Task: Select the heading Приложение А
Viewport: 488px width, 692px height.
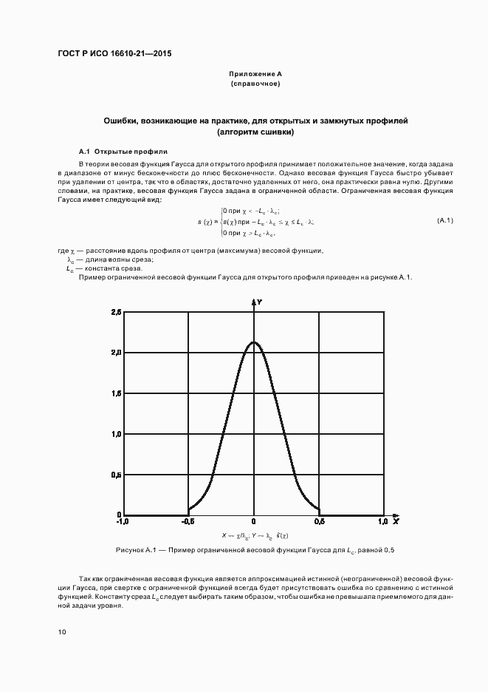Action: [x=255, y=75]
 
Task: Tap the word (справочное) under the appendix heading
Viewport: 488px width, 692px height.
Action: [x=255, y=84]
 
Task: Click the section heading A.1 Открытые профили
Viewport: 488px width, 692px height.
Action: [x=123, y=150]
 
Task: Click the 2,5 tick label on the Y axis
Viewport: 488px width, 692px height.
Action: [x=116, y=313]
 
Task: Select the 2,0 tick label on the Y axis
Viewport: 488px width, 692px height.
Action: [x=116, y=353]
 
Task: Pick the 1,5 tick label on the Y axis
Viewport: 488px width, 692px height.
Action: [x=116, y=393]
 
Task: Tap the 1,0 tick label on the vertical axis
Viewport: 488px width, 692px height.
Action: [x=116, y=434]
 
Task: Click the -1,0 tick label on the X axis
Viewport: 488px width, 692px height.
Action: [x=123, y=522]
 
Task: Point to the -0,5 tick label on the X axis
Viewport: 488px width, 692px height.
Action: [x=188, y=522]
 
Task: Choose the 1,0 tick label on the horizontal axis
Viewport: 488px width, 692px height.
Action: [x=382, y=522]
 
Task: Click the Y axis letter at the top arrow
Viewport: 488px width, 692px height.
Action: [x=260, y=302]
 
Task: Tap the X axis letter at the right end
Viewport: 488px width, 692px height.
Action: [x=396, y=522]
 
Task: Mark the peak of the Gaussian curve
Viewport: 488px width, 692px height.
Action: [x=254, y=342]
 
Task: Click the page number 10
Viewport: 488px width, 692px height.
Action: [x=61, y=632]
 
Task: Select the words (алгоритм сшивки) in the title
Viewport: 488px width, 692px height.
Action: [x=255, y=132]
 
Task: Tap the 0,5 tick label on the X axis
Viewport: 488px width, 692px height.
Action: [x=319, y=522]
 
